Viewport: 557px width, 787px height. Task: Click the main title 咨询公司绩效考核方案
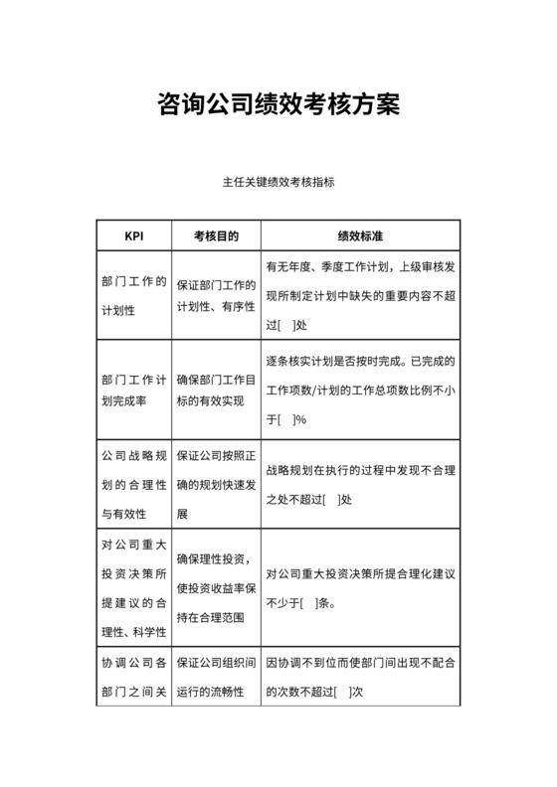(x=278, y=104)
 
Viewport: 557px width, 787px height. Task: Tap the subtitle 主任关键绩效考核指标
(x=278, y=183)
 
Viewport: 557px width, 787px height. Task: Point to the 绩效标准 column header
(x=361, y=237)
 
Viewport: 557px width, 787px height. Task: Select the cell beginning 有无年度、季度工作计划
(x=361, y=296)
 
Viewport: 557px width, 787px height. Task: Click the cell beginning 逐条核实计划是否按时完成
(x=361, y=391)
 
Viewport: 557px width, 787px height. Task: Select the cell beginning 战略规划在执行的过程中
(x=361, y=486)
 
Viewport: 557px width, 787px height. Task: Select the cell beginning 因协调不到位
(x=361, y=677)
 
